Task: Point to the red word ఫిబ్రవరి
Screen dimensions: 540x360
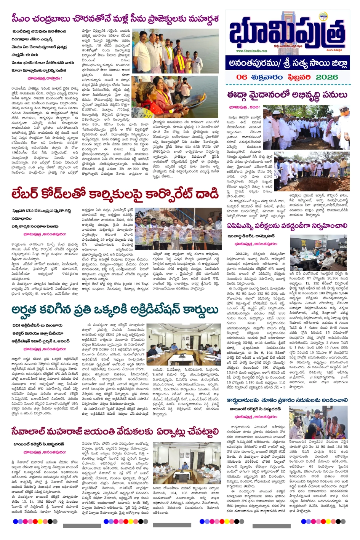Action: [x=299, y=77]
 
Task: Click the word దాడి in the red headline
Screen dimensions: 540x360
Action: [x=206, y=194]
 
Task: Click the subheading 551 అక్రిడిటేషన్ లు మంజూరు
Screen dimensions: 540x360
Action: [x=37, y=326]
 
